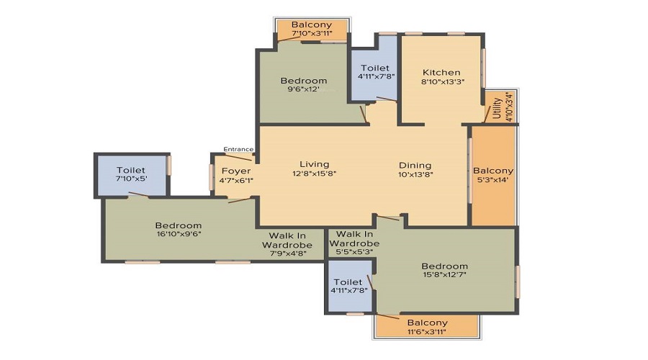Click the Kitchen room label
point(441,72)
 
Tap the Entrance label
point(238,149)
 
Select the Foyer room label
point(236,171)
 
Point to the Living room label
point(315,164)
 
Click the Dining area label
point(415,166)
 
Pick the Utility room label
point(497,108)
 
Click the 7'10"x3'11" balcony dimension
point(312,33)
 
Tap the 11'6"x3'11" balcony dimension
point(427,331)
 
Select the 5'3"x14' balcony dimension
point(493,180)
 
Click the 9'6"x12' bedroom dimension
point(304,89)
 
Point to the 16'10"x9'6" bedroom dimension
point(178,233)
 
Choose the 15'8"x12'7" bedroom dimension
point(445,274)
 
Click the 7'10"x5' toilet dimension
point(131,178)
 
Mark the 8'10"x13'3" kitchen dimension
point(443,81)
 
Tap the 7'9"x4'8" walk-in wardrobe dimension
point(287,253)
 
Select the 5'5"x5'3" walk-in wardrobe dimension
point(354,251)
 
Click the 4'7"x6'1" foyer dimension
point(236,180)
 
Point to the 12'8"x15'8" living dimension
point(315,174)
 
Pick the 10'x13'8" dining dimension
point(415,174)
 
